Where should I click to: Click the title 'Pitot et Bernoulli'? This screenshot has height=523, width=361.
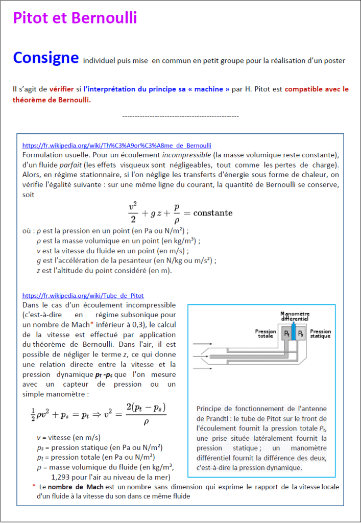click(x=75, y=18)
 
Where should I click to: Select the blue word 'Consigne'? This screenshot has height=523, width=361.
click(x=46, y=58)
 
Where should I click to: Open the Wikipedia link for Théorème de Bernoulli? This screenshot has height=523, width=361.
click(x=117, y=146)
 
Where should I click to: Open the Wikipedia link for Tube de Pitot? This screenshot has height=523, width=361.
click(x=83, y=296)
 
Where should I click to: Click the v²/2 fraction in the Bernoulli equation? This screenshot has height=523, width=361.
click(x=132, y=212)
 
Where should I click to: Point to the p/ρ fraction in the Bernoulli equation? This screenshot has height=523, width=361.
click(x=177, y=212)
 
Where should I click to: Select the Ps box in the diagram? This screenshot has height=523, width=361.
click(x=301, y=334)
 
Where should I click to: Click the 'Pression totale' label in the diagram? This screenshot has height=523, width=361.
click(x=266, y=334)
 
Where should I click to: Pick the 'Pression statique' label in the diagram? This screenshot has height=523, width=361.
click(x=321, y=334)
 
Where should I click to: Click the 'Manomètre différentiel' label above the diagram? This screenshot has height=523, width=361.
click(x=295, y=316)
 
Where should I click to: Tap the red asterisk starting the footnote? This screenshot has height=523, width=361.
click(x=34, y=487)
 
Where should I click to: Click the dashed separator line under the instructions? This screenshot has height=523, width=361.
click(x=181, y=117)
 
